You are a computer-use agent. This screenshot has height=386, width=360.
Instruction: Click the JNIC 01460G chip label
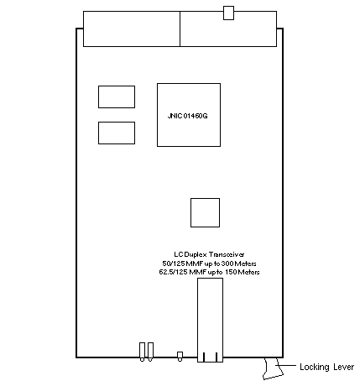(187, 116)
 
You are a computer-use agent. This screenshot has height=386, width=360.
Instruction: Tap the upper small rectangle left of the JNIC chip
(117, 96)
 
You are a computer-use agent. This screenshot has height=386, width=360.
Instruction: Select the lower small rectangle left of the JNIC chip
(117, 133)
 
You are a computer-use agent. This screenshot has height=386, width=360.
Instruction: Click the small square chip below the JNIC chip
(205, 212)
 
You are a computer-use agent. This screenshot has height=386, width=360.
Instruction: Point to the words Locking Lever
(326, 367)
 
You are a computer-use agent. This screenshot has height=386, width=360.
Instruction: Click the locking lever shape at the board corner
(272, 368)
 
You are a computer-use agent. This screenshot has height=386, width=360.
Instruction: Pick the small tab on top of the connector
(228, 13)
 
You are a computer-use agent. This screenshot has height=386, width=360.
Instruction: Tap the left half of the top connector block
(132, 29)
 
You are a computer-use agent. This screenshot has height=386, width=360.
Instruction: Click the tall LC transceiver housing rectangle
(211, 320)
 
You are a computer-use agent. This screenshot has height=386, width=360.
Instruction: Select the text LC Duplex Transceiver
(209, 254)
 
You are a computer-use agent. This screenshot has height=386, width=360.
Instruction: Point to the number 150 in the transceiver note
(231, 272)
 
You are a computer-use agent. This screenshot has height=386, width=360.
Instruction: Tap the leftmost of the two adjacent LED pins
(142, 352)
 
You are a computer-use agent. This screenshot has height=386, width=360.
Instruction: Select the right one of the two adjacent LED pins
(150, 352)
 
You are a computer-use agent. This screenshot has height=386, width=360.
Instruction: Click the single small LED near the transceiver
(180, 357)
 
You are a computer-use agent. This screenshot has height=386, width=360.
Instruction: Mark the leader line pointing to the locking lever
(286, 365)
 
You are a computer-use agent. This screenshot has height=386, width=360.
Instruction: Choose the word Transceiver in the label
(227, 254)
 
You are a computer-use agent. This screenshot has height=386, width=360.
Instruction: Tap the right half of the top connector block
(228, 29)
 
